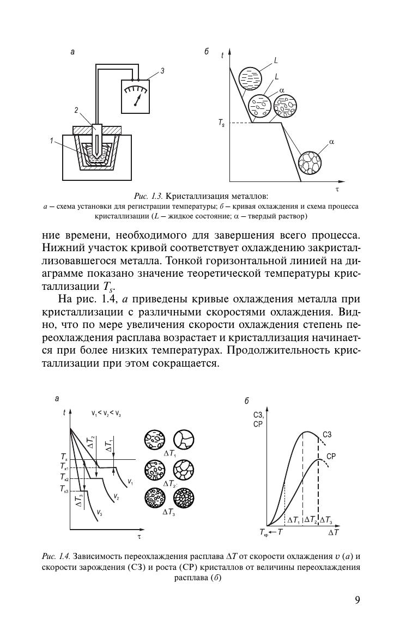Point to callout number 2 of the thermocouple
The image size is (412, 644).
pyautogui.click(x=76, y=110)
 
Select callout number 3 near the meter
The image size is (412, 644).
pyautogui.click(x=162, y=71)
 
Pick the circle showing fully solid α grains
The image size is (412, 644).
pyautogui.click(x=310, y=162)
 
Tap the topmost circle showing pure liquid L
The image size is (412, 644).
pyautogui.click(x=250, y=77)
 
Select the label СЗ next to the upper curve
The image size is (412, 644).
pyautogui.click(x=327, y=434)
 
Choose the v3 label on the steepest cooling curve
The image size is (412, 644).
pyautogui.click(x=99, y=512)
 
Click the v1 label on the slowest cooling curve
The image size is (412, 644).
pyautogui.click(x=130, y=482)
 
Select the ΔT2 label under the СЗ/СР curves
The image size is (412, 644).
pyautogui.click(x=311, y=520)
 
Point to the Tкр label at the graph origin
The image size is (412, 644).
pyautogui.click(x=264, y=532)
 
